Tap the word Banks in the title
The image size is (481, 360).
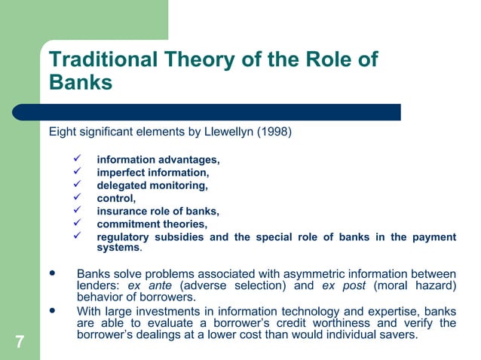[81, 82]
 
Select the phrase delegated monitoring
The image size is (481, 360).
[152, 186]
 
